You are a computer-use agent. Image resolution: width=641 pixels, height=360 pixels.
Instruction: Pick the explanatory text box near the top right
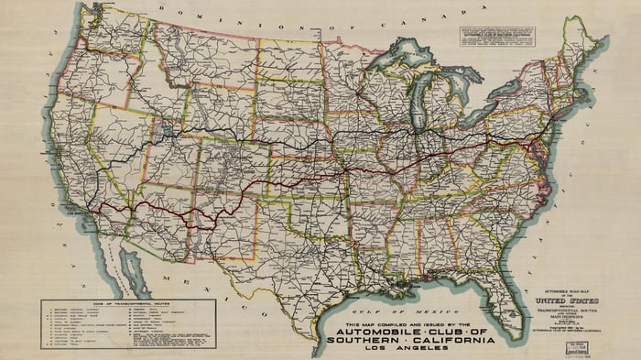[x=495, y=36]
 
